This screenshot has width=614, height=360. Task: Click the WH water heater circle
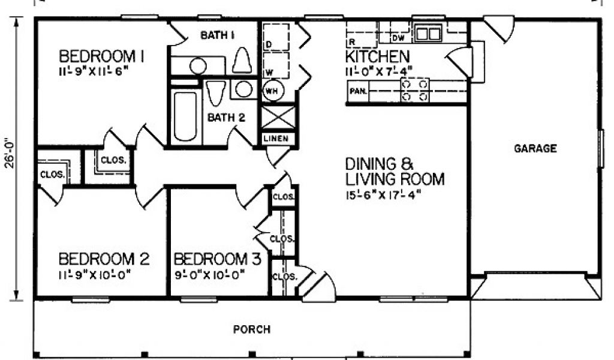click(273, 91)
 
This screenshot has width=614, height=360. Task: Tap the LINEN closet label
click(276, 139)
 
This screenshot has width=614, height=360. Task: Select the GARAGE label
click(535, 148)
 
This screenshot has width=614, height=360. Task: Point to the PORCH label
click(252, 329)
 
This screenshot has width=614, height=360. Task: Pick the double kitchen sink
click(428, 33)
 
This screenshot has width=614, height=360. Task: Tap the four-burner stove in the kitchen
click(415, 90)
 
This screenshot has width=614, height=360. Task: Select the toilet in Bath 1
click(242, 60)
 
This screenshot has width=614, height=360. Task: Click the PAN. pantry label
click(359, 91)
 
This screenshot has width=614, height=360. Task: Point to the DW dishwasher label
click(398, 38)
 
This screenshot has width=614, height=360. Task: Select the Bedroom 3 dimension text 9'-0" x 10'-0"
click(209, 275)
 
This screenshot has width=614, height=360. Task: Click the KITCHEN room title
click(377, 57)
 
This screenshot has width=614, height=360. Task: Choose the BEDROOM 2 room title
click(104, 259)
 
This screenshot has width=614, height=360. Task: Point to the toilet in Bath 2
click(216, 93)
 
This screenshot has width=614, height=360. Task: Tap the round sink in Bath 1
click(198, 66)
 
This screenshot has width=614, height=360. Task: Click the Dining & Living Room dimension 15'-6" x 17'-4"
click(383, 195)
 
